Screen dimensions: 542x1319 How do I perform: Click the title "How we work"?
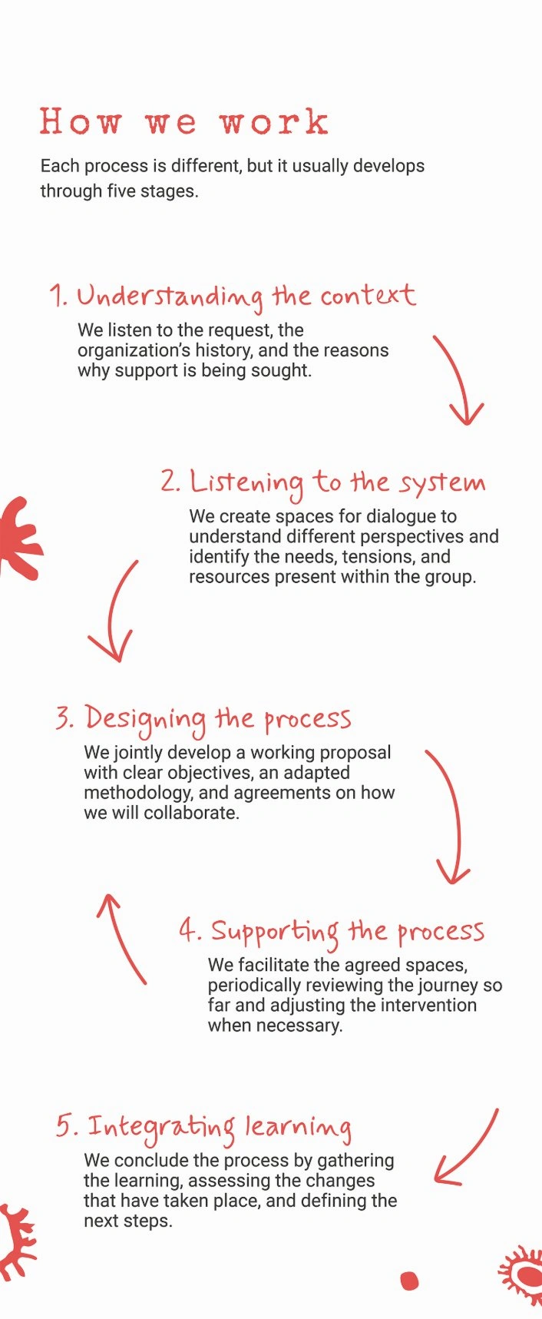(184, 122)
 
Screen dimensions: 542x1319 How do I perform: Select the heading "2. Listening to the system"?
(323, 483)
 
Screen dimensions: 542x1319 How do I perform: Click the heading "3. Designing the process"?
(203, 719)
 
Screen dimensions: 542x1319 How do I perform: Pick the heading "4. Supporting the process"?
(332, 932)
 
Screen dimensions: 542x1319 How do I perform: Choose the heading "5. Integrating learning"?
(204, 1127)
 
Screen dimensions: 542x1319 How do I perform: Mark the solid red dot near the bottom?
(410, 1281)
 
